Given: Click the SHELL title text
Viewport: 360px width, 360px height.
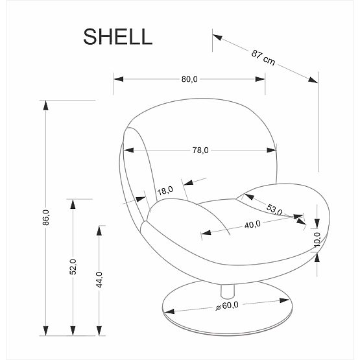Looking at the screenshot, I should tap(117, 36).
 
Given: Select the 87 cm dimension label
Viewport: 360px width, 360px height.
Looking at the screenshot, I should tap(264, 57).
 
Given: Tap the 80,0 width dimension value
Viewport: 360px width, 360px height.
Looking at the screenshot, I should tap(189, 79).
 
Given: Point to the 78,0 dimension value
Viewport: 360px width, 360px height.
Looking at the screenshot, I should tap(200, 150).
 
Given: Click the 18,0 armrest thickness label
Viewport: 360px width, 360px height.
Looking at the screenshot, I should tap(165, 191).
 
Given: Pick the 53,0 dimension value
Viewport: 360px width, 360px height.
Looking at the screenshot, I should tap(275, 209).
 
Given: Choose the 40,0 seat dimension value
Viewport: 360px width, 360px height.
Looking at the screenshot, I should tap(252, 224).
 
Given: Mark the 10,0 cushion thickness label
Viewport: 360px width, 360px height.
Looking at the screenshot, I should tap(317, 238).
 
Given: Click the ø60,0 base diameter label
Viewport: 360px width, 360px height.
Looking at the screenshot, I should tap(228, 306).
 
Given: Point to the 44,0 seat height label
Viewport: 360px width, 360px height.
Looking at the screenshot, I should tap(99, 280).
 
